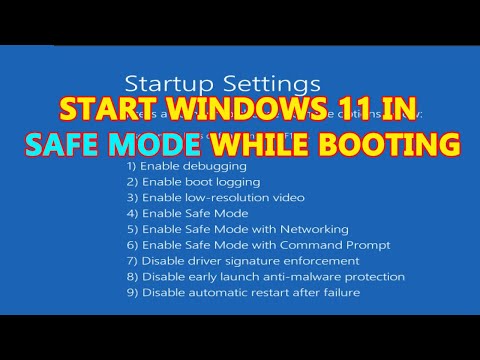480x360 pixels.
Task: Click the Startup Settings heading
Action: pyautogui.click(x=222, y=80)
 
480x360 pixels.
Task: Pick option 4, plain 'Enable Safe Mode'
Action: pyautogui.click(x=187, y=213)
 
